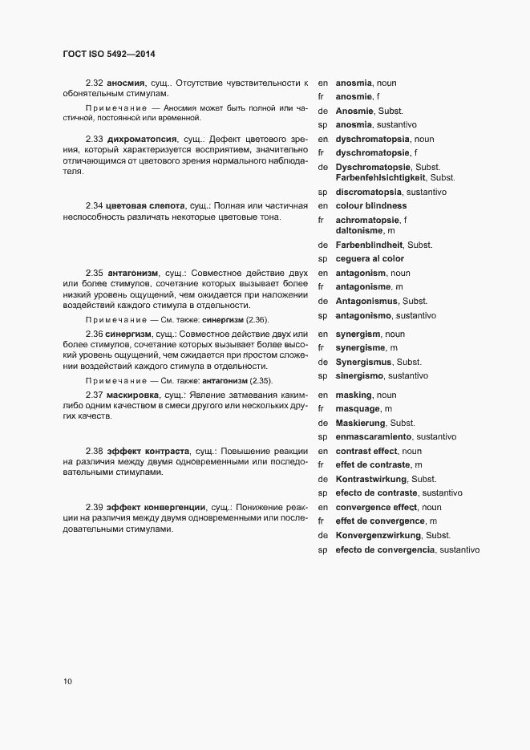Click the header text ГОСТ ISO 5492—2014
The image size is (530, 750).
tap(108, 55)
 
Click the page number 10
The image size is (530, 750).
tap(67, 682)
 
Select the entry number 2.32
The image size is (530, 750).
tap(94, 83)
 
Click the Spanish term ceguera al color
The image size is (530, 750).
tap(369, 259)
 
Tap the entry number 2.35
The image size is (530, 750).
tap(94, 274)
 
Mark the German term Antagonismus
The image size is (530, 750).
tap(369, 302)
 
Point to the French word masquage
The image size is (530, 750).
tap(358, 409)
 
